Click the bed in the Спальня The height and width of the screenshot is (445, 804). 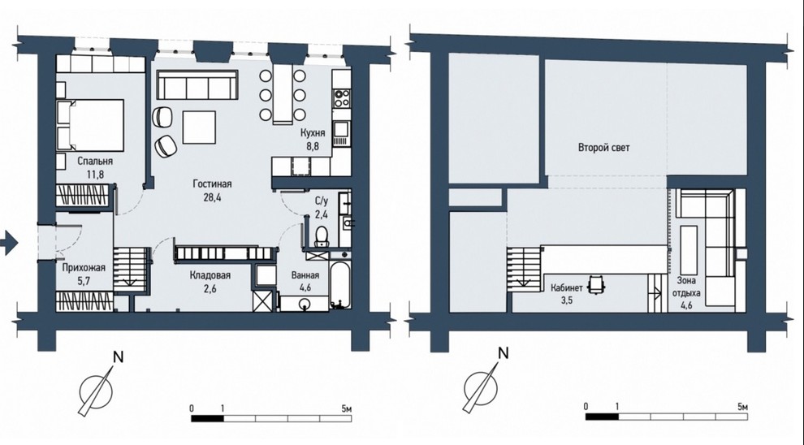tap(89, 125)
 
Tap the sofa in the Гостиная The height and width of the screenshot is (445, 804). tap(197, 84)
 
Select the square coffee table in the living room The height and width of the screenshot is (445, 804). tap(199, 127)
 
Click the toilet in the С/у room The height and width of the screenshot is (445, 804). tap(322, 236)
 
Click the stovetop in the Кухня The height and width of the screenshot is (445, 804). tap(341, 98)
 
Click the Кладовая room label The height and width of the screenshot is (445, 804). tap(210, 275)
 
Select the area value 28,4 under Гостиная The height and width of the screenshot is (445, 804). tap(212, 197)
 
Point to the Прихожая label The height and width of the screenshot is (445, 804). tap(84, 268)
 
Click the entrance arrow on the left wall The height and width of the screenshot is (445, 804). tap(9, 242)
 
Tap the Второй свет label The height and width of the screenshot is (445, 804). tap(603, 148)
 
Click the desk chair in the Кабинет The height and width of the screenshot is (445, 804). tap(596, 284)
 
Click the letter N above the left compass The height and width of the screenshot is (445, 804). tap(119, 356)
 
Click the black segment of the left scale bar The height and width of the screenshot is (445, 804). tap(208, 418)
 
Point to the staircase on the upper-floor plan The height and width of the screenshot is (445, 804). tap(525, 270)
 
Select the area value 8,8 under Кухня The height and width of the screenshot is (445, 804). tap(313, 146)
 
